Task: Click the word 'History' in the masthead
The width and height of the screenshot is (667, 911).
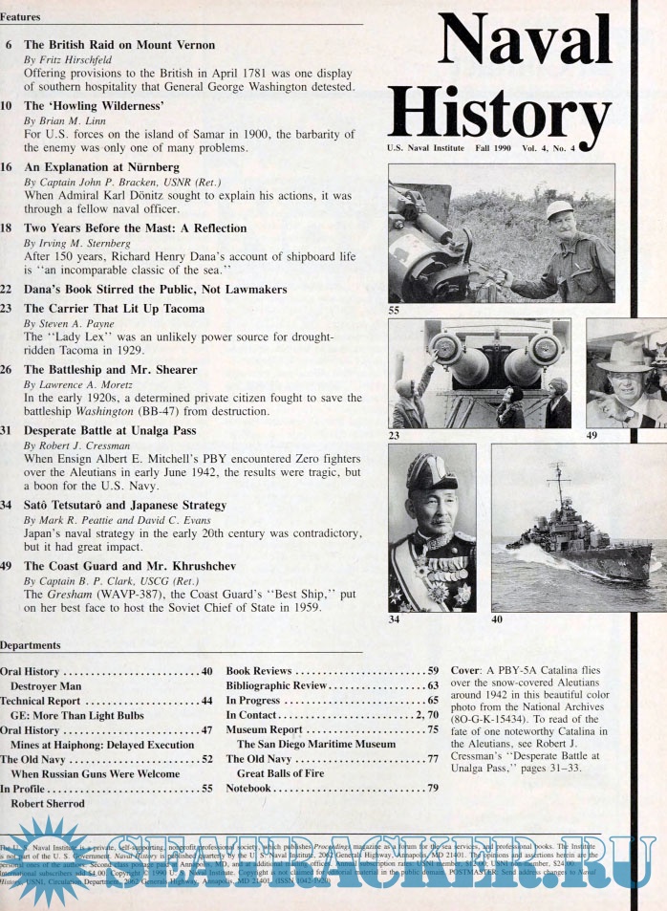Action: (x=500, y=113)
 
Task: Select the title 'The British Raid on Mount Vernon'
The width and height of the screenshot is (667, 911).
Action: (x=119, y=45)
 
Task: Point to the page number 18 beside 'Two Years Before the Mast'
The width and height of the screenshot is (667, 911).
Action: (x=6, y=228)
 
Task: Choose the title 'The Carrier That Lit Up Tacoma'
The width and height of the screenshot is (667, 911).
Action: (x=114, y=309)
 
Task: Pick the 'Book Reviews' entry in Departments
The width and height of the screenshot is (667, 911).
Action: (x=259, y=671)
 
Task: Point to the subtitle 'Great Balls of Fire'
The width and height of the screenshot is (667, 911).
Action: (x=281, y=773)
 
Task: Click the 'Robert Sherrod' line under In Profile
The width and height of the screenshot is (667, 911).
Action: (x=48, y=804)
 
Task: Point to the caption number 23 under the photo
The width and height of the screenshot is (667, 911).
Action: (x=396, y=435)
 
